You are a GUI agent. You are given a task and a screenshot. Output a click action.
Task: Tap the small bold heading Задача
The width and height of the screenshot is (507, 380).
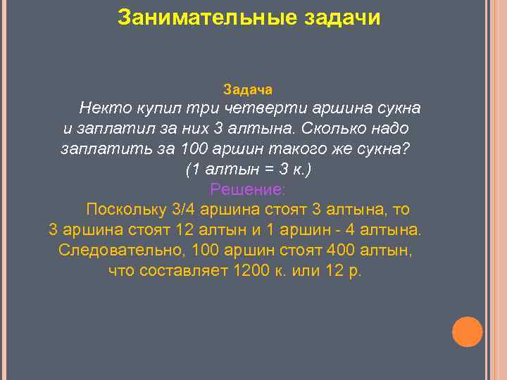[248, 90]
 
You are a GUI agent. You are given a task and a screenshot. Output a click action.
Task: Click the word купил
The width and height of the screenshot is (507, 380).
[155, 109]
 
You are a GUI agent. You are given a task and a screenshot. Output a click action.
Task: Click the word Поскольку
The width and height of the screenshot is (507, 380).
[125, 210]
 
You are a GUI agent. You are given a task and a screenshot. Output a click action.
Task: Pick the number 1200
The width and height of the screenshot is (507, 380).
[250, 271]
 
